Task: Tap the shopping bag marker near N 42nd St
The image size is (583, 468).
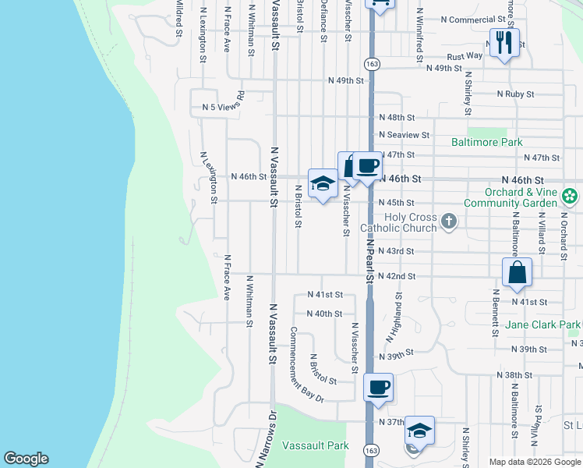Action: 517,273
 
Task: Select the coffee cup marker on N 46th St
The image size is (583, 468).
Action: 368,166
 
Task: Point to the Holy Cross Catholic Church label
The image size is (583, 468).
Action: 398,222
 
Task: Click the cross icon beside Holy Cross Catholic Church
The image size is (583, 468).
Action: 448,222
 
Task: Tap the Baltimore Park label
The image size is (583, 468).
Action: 487,143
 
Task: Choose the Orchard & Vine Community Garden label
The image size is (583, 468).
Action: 512,198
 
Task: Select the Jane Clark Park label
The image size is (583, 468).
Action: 543,324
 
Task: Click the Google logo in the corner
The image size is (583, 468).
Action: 26,459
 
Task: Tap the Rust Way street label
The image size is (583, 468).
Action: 465,57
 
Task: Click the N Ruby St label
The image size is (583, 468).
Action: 516,94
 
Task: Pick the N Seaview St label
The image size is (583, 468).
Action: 405,135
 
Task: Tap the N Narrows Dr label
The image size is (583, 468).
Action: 263,440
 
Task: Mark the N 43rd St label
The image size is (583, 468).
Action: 396,251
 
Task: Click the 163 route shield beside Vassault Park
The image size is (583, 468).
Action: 371,450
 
